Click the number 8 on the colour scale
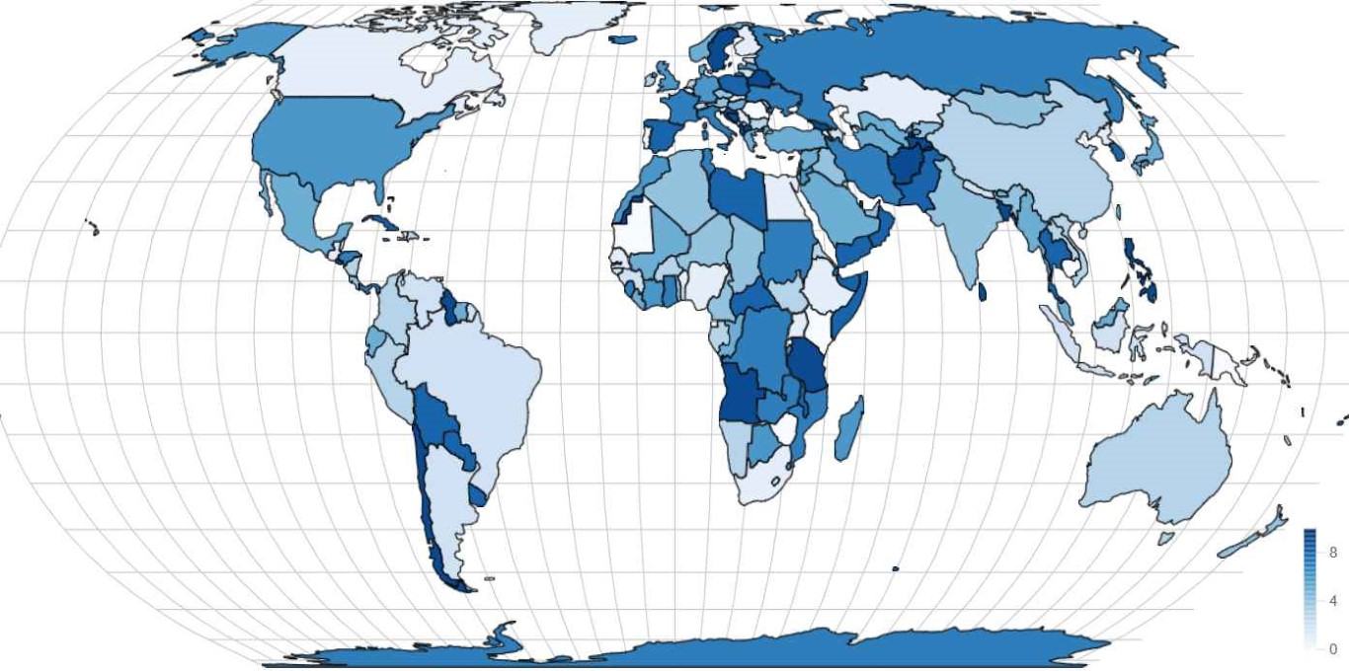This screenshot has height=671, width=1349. tap(1332, 553)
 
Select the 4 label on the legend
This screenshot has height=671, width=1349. tap(1332, 601)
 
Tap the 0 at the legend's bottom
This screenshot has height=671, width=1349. tap(1332, 649)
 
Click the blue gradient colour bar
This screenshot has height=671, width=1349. tap(1309, 590)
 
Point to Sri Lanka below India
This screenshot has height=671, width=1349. tap(983, 292)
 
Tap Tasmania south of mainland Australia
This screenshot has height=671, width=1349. tap(1165, 539)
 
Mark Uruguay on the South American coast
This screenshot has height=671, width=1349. tap(477, 493)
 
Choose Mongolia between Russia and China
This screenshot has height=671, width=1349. tap(1007, 107)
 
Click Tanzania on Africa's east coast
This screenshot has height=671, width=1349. tap(807, 365)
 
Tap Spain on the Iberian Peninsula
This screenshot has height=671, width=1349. tap(663, 134)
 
